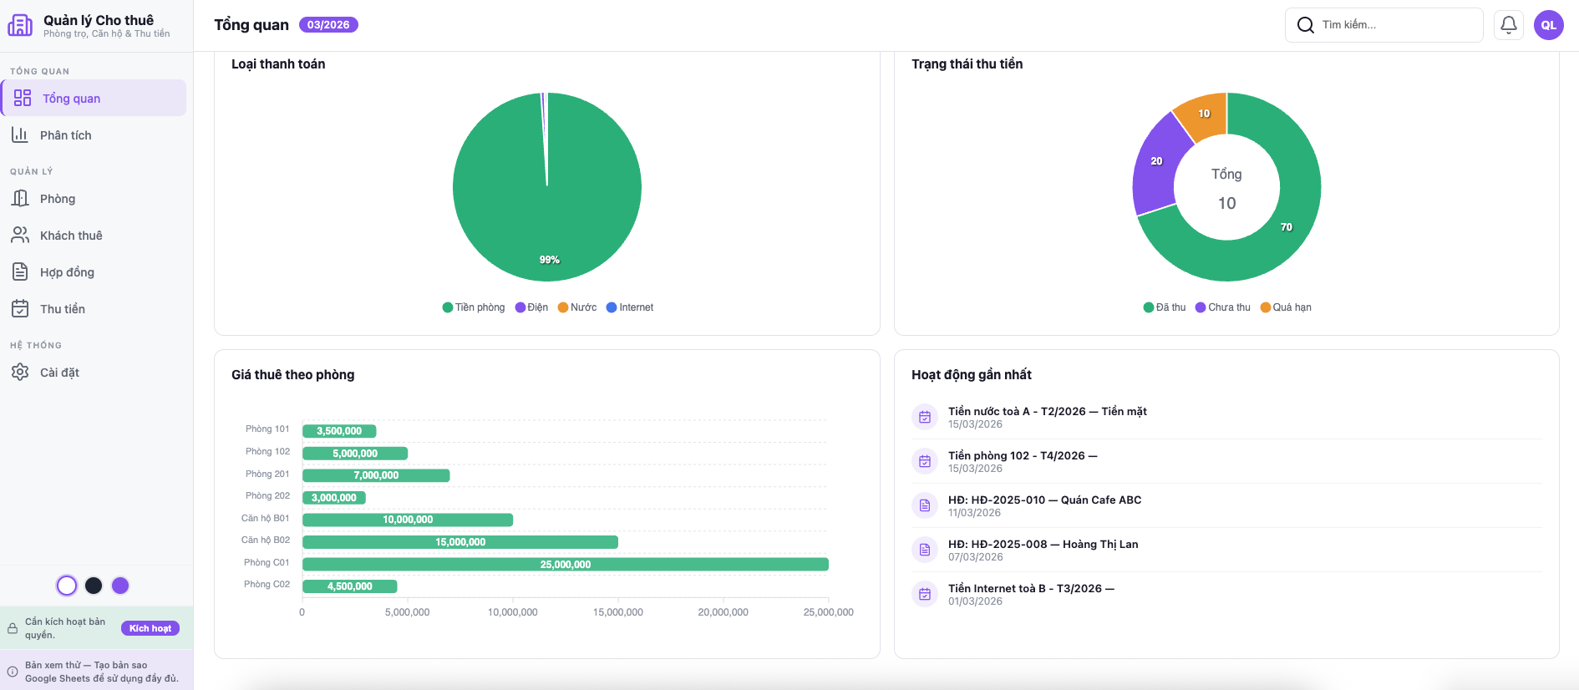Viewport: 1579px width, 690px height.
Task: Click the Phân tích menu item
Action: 65,135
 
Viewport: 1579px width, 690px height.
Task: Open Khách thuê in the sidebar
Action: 71,236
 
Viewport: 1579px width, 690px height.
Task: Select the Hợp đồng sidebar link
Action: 67,272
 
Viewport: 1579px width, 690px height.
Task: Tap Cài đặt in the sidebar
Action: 59,373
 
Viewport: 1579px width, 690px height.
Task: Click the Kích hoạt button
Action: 150,628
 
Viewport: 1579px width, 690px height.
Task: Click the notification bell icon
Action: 1509,25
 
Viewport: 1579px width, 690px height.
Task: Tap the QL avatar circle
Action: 1549,25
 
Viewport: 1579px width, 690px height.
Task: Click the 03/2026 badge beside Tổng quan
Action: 328,25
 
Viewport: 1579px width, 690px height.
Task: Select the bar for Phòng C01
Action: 565,565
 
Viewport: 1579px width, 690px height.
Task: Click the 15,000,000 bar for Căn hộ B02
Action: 459,542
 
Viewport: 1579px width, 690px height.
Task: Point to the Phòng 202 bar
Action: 333,498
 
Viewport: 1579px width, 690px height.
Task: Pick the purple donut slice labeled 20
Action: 1157,163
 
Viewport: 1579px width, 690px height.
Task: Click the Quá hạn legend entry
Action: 1286,307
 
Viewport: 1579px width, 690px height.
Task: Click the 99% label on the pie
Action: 549,260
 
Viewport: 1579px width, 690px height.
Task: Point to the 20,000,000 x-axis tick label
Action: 723,612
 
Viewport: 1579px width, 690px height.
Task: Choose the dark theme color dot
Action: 94,586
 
